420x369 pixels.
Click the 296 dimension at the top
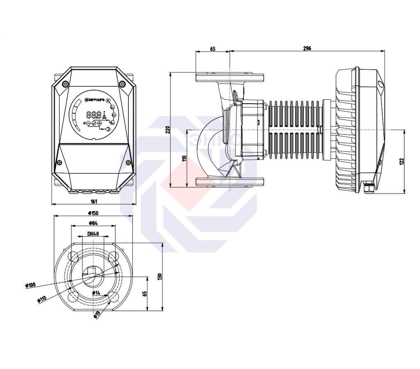(x=307, y=48)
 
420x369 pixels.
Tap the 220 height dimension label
(x=167, y=130)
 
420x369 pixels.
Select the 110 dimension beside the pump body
(x=185, y=159)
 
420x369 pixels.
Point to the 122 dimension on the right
(x=402, y=161)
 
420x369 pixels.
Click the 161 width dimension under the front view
(x=94, y=201)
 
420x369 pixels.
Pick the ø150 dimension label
(x=93, y=213)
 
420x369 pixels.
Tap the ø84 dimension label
(x=93, y=223)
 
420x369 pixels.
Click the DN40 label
(x=93, y=234)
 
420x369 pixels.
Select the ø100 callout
(x=30, y=285)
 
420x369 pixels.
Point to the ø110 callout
(x=41, y=299)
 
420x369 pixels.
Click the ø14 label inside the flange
(x=96, y=293)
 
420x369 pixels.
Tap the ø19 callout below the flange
(x=97, y=315)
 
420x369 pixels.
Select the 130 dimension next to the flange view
(x=160, y=276)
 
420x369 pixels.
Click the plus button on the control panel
(x=99, y=123)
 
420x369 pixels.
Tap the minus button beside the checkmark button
(x=88, y=123)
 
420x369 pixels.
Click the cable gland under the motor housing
(x=369, y=189)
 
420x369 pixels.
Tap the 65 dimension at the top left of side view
(x=212, y=48)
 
